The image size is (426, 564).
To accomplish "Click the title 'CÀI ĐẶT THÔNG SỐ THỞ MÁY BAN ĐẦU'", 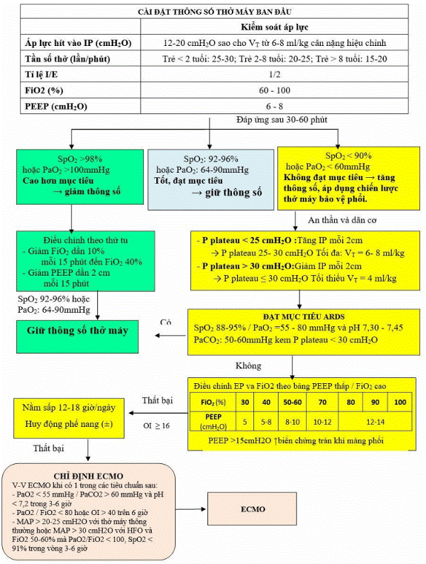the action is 214,12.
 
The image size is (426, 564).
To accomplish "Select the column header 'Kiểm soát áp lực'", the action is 274,27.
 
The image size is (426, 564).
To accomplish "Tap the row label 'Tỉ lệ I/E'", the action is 41,74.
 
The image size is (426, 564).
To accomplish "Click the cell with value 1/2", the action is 274,74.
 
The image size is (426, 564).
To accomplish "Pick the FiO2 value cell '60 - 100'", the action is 274,90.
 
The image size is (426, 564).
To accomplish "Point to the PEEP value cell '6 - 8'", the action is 274,106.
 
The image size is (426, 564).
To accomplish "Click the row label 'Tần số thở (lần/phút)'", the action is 67,59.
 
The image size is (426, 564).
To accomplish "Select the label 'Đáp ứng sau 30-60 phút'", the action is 282,119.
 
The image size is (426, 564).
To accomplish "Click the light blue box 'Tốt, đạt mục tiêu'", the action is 210,179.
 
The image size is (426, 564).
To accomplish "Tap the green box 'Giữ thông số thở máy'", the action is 77,336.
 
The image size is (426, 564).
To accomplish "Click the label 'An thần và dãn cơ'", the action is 342,220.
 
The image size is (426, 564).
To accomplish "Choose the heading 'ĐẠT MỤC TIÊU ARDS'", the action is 304,317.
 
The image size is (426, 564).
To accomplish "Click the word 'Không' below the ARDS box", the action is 248,366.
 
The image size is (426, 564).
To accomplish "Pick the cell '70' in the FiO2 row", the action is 322,402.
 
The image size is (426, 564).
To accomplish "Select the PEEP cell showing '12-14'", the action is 375,422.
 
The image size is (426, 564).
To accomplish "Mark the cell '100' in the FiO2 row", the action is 400,402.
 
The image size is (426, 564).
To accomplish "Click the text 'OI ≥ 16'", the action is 156,425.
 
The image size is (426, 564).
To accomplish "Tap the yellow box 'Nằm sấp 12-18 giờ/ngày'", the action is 69,417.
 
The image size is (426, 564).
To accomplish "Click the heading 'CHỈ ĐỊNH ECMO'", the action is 88,477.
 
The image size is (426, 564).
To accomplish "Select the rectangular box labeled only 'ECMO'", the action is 253,510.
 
